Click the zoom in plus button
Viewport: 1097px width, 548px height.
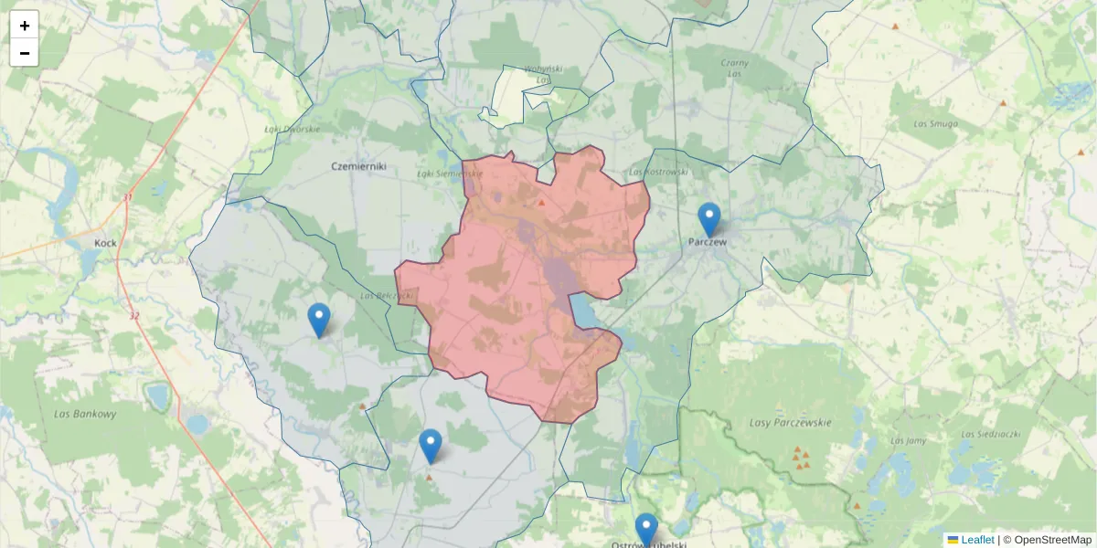pyautogui.click(x=25, y=26)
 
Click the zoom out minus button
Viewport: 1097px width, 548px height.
pyautogui.click(x=25, y=53)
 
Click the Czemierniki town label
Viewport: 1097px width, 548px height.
pyautogui.click(x=359, y=166)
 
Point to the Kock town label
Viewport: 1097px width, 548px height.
pyautogui.click(x=105, y=244)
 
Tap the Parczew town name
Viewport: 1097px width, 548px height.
pyautogui.click(x=708, y=243)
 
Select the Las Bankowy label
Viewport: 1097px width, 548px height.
pyautogui.click(x=85, y=414)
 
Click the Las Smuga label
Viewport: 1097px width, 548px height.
pyautogui.click(x=936, y=122)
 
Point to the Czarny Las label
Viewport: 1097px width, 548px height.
pyautogui.click(x=735, y=68)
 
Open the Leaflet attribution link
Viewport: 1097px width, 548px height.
pyautogui.click(x=976, y=540)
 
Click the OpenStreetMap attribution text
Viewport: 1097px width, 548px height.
pyautogui.click(x=1052, y=540)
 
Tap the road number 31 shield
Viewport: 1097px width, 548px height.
pyautogui.click(x=128, y=197)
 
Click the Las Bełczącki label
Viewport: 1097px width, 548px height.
pyautogui.click(x=387, y=295)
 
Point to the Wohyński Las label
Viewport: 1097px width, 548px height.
pyautogui.click(x=543, y=74)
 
